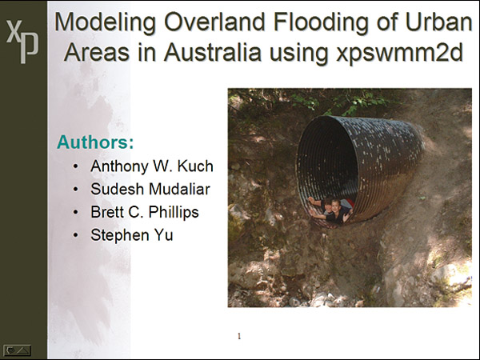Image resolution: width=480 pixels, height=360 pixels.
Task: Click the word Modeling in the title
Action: pyautogui.click(x=105, y=22)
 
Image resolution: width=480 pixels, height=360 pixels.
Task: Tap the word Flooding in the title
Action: pyautogui.click(x=321, y=22)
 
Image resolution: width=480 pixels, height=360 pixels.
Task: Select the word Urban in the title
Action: pyautogui.click(x=438, y=22)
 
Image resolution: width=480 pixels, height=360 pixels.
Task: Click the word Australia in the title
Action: pyautogui.click(x=213, y=52)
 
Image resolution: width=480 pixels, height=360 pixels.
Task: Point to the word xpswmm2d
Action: pyautogui.click(x=399, y=53)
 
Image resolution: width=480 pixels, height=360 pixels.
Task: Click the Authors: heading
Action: pyautogui.click(x=95, y=142)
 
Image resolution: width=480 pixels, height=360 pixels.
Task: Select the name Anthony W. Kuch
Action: pyautogui.click(x=152, y=167)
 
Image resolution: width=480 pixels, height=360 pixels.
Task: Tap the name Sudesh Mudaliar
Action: pyautogui.click(x=150, y=189)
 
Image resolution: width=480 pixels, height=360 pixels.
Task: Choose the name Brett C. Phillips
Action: pyautogui.click(x=145, y=212)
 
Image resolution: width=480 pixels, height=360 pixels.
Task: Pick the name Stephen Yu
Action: pyautogui.click(x=132, y=235)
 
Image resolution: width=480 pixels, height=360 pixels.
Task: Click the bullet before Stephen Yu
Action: pyautogui.click(x=76, y=235)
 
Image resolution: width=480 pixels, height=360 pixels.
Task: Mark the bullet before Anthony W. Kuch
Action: pyautogui.click(x=76, y=167)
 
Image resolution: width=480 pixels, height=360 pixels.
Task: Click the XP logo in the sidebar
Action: pyautogui.click(x=22, y=42)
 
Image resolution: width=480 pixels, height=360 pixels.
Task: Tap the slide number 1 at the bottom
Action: pyautogui.click(x=239, y=336)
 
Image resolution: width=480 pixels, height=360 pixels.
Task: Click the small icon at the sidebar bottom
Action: pyautogui.click(x=17, y=350)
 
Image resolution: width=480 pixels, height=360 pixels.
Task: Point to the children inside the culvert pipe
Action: pyautogui.click(x=331, y=210)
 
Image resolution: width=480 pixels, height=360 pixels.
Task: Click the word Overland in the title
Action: pyautogui.click(x=214, y=22)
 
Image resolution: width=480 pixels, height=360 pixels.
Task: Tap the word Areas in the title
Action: pyautogui.click(x=97, y=52)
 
